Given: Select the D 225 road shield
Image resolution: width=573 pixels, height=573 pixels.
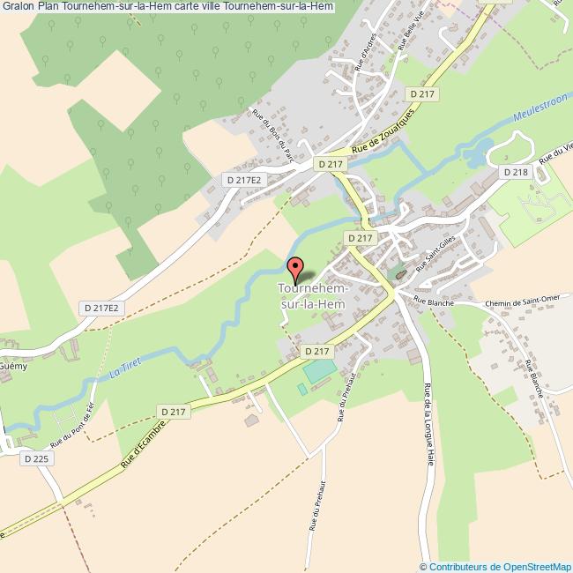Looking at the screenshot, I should click(36, 458).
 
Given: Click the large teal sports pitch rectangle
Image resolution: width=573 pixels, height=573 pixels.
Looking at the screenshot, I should click(321, 370).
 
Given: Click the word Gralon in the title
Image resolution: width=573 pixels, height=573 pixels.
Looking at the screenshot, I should click(18, 7).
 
